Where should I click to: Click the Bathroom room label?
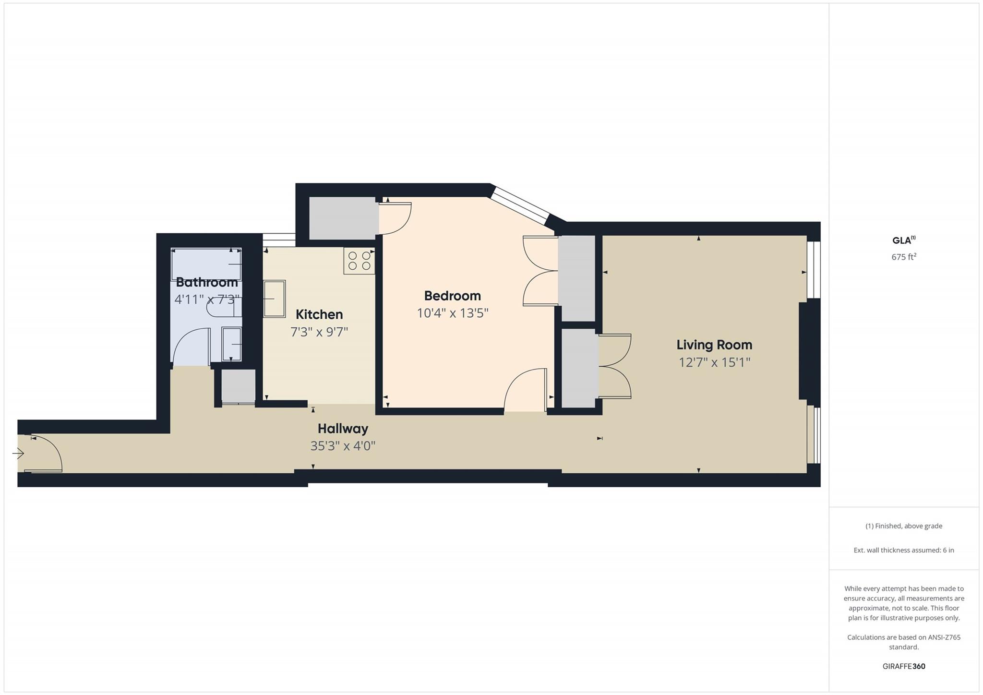point(206,282)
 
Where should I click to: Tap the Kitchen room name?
point(319,314)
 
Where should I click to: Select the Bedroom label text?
point(452,296)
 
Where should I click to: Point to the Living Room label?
point(714,345)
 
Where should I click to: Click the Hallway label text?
point(343,429)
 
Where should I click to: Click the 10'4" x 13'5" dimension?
point(452,313)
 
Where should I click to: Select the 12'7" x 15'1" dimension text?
point(714,362)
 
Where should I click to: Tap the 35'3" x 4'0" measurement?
point(343,446)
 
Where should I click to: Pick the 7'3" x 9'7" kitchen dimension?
point(319,332)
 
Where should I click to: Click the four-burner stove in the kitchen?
point(359,261)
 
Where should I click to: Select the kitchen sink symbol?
point(275,299)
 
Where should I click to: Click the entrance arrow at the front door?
point(18,453)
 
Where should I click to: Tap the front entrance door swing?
point(46,454)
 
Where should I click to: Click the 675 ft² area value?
point(904,257)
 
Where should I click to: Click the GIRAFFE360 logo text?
point(904,666)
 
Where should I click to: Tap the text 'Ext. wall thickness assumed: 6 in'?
point(904,550)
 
